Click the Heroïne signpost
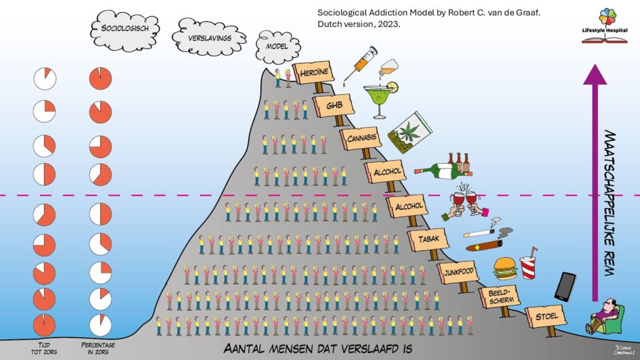[x=315, y=74]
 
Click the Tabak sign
[x=426, y=239]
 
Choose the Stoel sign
[x=545, y=316]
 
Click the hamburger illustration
[x=505, y=269]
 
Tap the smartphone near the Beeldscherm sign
[x=565, y=286]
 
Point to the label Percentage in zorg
[x=99, y=348]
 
